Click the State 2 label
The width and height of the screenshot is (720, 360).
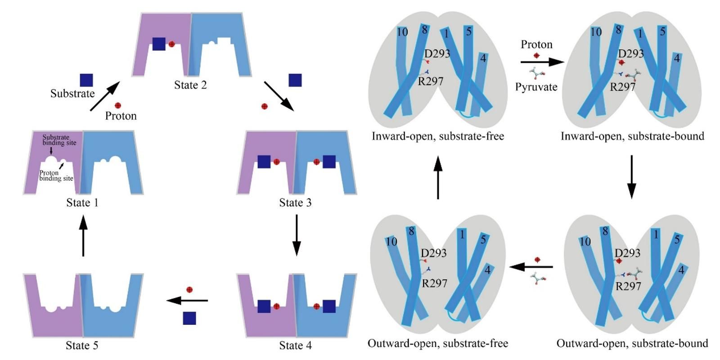[x=190, y=85]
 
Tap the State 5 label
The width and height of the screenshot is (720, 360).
[x=82, y=346]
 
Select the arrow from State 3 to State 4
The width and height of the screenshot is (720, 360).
[x=296, y=234]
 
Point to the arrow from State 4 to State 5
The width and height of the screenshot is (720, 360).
[x=187, y=300]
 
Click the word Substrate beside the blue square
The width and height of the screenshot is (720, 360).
[x=72, y=94]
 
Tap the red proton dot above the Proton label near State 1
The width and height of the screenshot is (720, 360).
[x=118, y=105]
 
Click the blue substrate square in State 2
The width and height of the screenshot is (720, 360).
[x=159, y=44]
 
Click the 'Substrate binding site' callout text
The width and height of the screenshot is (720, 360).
[x=59, y=140]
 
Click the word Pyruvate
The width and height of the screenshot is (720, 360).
[x=536, y=87]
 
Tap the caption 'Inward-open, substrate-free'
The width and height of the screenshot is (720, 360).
[x=438, y=136]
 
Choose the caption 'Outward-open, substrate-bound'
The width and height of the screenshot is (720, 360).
[x=632, y=343]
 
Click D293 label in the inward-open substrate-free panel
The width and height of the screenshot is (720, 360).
[x=437, y=54]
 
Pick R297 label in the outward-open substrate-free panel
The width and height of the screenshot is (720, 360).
[x=434, y=283]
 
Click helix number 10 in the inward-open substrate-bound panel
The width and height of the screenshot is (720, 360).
[x=596, y=32]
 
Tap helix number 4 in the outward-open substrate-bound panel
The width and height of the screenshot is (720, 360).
[x=681, y=270]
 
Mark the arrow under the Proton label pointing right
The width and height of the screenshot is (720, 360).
[x=542, y=62]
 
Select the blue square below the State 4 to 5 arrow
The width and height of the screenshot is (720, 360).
[x=189, y=318]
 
